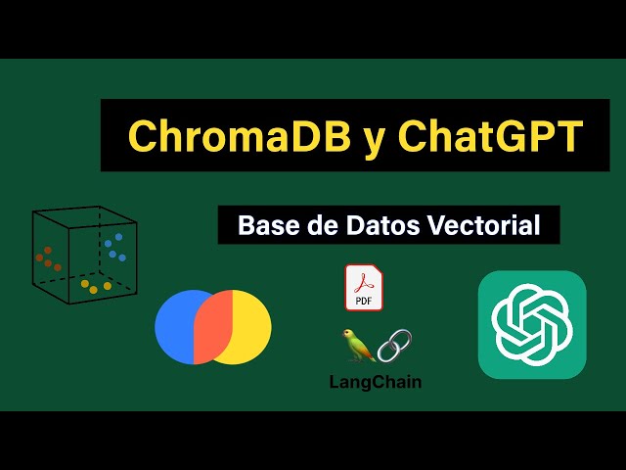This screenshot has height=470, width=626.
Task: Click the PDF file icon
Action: coord(364,287)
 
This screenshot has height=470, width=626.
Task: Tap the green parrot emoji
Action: coord(357,345)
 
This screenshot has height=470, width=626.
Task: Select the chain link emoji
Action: coord(394,345)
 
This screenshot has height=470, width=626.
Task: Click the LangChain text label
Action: coord(376,382)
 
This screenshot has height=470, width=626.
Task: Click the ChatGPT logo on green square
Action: coord(531,324)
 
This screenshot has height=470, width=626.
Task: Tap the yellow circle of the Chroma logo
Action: coord(249,326)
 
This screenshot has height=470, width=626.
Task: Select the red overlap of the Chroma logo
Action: coord(213,326)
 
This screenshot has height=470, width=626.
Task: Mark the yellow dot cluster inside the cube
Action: coord(96,287)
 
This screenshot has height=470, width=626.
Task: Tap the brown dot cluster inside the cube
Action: coord(49,259)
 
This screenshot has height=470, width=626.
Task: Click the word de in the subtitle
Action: coord(324,225)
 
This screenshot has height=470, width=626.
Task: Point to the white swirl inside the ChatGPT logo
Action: coord(531,324)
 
